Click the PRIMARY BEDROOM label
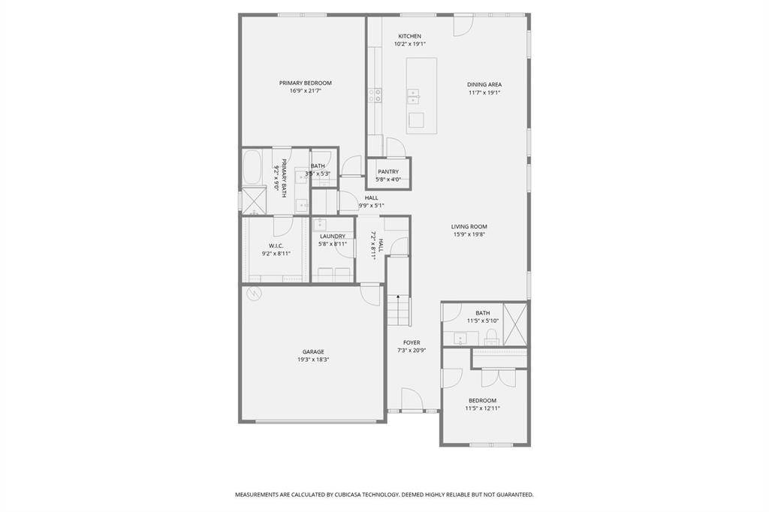point(305,83)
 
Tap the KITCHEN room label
point(409,36)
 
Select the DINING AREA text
point(484,84)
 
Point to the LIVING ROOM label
point(469,227)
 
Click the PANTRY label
point(388,172)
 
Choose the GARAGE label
point(313,351)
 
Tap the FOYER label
point(412,343)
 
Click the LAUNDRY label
point(333,236)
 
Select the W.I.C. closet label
point(276,245)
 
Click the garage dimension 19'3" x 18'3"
point(313,360)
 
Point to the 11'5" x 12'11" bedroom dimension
point(482,408)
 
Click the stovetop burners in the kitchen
point(375,95)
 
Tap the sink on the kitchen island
point(413,97)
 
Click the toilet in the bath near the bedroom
point(491,336)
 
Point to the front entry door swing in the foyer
point(412,399)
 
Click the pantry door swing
point(394,147)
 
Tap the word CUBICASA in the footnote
point(342,495)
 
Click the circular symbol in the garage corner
point(255,294)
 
